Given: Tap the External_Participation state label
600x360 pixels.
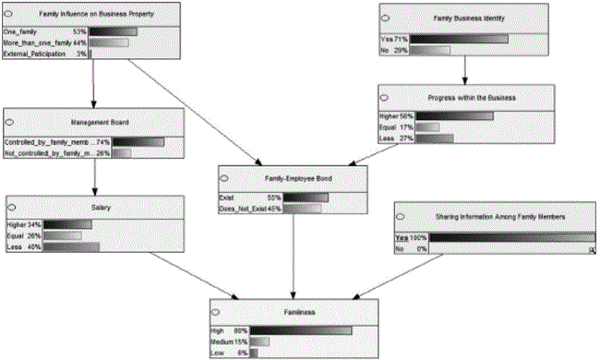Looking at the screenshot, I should (37, 54).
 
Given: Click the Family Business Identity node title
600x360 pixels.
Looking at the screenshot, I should (463, 18).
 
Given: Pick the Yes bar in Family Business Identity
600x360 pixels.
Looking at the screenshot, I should (460, 40).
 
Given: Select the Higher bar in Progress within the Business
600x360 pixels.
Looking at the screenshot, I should (454, 116).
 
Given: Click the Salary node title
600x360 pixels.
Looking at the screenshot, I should (102, 208).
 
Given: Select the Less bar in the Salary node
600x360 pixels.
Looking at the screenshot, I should (71, 246).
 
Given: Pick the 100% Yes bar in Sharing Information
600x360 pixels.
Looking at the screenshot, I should (512, 237).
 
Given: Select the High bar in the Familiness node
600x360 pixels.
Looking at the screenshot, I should (301, 330).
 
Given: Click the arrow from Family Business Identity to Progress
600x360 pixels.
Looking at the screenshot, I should (464, 71).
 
